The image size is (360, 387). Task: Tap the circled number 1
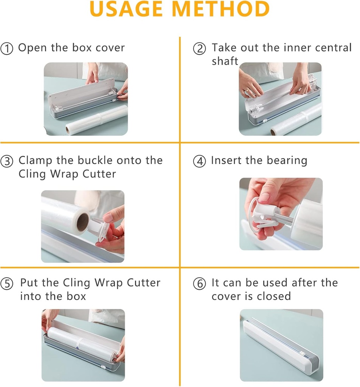click(7, 49)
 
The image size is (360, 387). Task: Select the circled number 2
click(200, 49)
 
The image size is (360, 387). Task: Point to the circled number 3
click(7, 161)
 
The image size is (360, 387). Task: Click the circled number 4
click(200, 161)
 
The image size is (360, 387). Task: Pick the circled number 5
click(7, 284)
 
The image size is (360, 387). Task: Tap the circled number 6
click(200, 284)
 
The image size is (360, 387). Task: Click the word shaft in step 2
click(225, 61)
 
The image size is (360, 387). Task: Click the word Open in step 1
click(33, 48)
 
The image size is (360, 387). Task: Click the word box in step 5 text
click(77, 296)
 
